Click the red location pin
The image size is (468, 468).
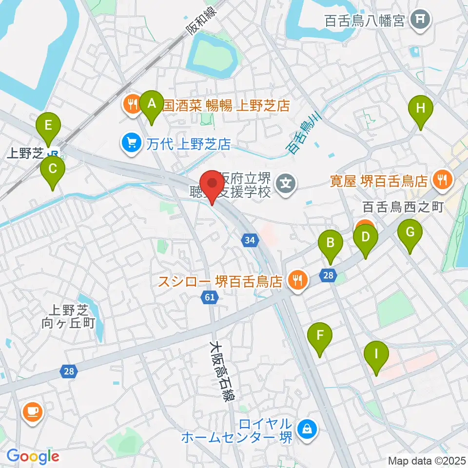click(x=212, y=185)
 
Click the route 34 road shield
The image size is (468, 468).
click(x=250, y=239)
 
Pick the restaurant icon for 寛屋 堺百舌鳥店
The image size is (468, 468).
click(x=443, y=181)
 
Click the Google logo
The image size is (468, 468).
click(x=33, y=456)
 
